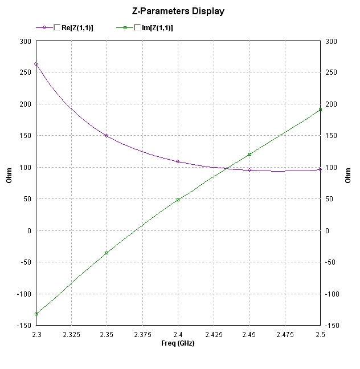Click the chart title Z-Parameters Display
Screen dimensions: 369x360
pyautogui.click(x=178, y=11)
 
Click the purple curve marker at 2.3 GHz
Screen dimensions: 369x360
pyautogui.click(x=36, y=64)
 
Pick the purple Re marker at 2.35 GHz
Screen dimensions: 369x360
pyautogui.click(x=107, y=136)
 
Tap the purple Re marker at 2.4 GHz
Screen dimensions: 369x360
pyautogui.click(x=178, y=161)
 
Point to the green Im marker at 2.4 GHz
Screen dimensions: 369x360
pyautogui.click(x=178, y=200)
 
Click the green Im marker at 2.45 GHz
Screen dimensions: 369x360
pyautogui.click(x=249, y=154)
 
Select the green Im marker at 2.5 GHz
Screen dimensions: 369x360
pyautogui.click(x=320, y=110)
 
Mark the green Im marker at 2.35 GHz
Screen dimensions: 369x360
pyautogui.click(x=107, y=253)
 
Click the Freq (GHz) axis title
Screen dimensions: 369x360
pyautogui.click(x=178, y=343)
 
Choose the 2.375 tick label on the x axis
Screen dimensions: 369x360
pyautogui.click(x=142, y=334)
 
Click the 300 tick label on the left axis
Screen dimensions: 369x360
pyautogui.click(x=25, y=42)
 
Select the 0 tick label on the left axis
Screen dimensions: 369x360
pyautogui.click(x=30, y=230)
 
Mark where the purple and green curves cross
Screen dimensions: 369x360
pyautogui.click(x=227, y=168)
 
